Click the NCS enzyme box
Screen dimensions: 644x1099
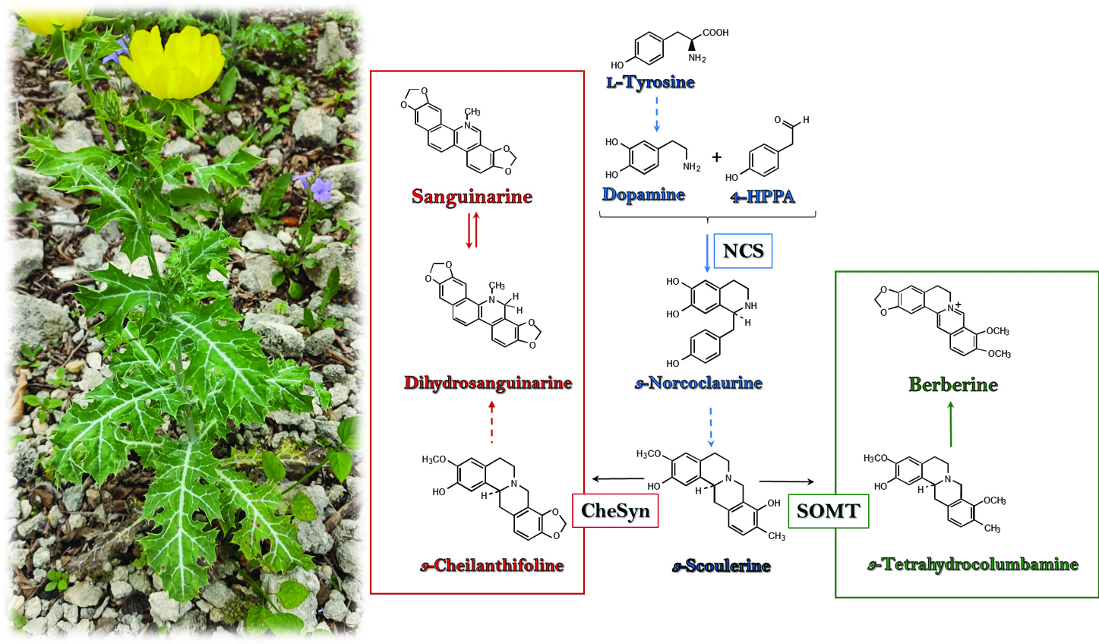pyautogui.click(x=742, y=251)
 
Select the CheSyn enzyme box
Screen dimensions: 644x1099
pyautogui.click(x=615, y=510)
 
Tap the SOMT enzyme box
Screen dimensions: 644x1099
pyautogui.click(x=828, y=511)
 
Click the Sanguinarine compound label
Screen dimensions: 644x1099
pyautogui.click(x=472, y=197)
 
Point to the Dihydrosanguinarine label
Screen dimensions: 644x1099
pyautogui.click(x=488, y=383)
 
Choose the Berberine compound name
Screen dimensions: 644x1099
pyautogui.click(x=953, y=384)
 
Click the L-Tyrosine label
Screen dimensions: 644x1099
pyautogui.click(x=650, y=82)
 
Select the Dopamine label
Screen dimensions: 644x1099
pyautogui.click(x=643, y=195)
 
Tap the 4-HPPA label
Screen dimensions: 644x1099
pyautogui.click(x=763, y=197)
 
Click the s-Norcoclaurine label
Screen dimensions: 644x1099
pyautogui.click(x=698, y=383)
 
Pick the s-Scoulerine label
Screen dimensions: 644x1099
pyautogui.click(x=722, y=566)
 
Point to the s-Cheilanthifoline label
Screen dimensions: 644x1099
pyautogui.click(x=491, y=566)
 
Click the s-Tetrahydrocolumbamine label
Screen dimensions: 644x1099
pyautogui.click(x=972, y=565)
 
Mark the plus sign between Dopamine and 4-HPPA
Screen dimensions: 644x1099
pyautogui.click(x=717, y=157)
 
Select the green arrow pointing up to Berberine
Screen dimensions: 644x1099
pyautogui.click(x=951, y=425)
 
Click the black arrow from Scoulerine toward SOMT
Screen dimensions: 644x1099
pyautogui.click(x=786, y=481)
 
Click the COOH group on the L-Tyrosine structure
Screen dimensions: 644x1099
pyautogui.click(x=715, y=33)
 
